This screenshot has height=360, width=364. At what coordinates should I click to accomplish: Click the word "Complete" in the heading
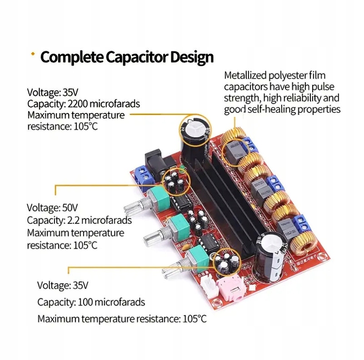click(72, 57)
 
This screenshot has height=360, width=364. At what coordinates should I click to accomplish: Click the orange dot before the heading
click(32, 54)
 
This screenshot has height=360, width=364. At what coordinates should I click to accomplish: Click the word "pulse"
click(328, 87)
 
